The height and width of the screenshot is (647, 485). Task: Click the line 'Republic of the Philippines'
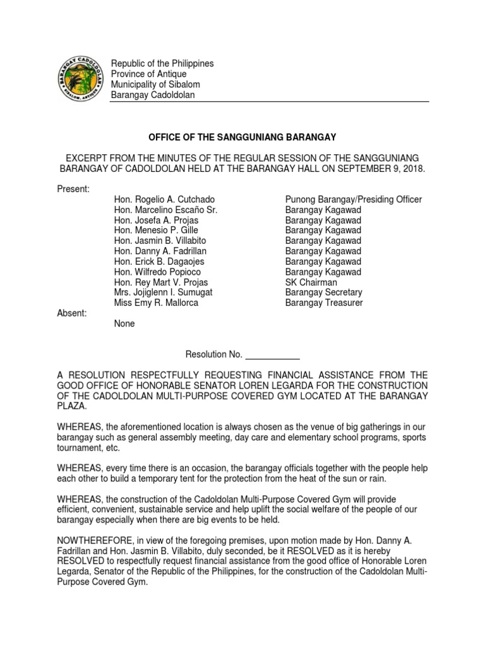point(162,63)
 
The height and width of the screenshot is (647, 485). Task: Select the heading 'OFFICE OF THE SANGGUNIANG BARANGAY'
point(242,137)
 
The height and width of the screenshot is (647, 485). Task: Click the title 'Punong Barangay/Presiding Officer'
point(353,200)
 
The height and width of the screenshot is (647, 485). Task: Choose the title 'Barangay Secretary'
point(323,293)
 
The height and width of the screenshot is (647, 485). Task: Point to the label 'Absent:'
point(72,313)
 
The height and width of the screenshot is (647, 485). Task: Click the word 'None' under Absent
point(124,323)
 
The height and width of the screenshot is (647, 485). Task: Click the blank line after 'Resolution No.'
point(272,354)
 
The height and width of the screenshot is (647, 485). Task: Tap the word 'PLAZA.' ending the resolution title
point(74,407)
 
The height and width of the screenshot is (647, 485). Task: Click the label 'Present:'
point(74,189)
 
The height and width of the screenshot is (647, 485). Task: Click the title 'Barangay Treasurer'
point(324,303)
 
